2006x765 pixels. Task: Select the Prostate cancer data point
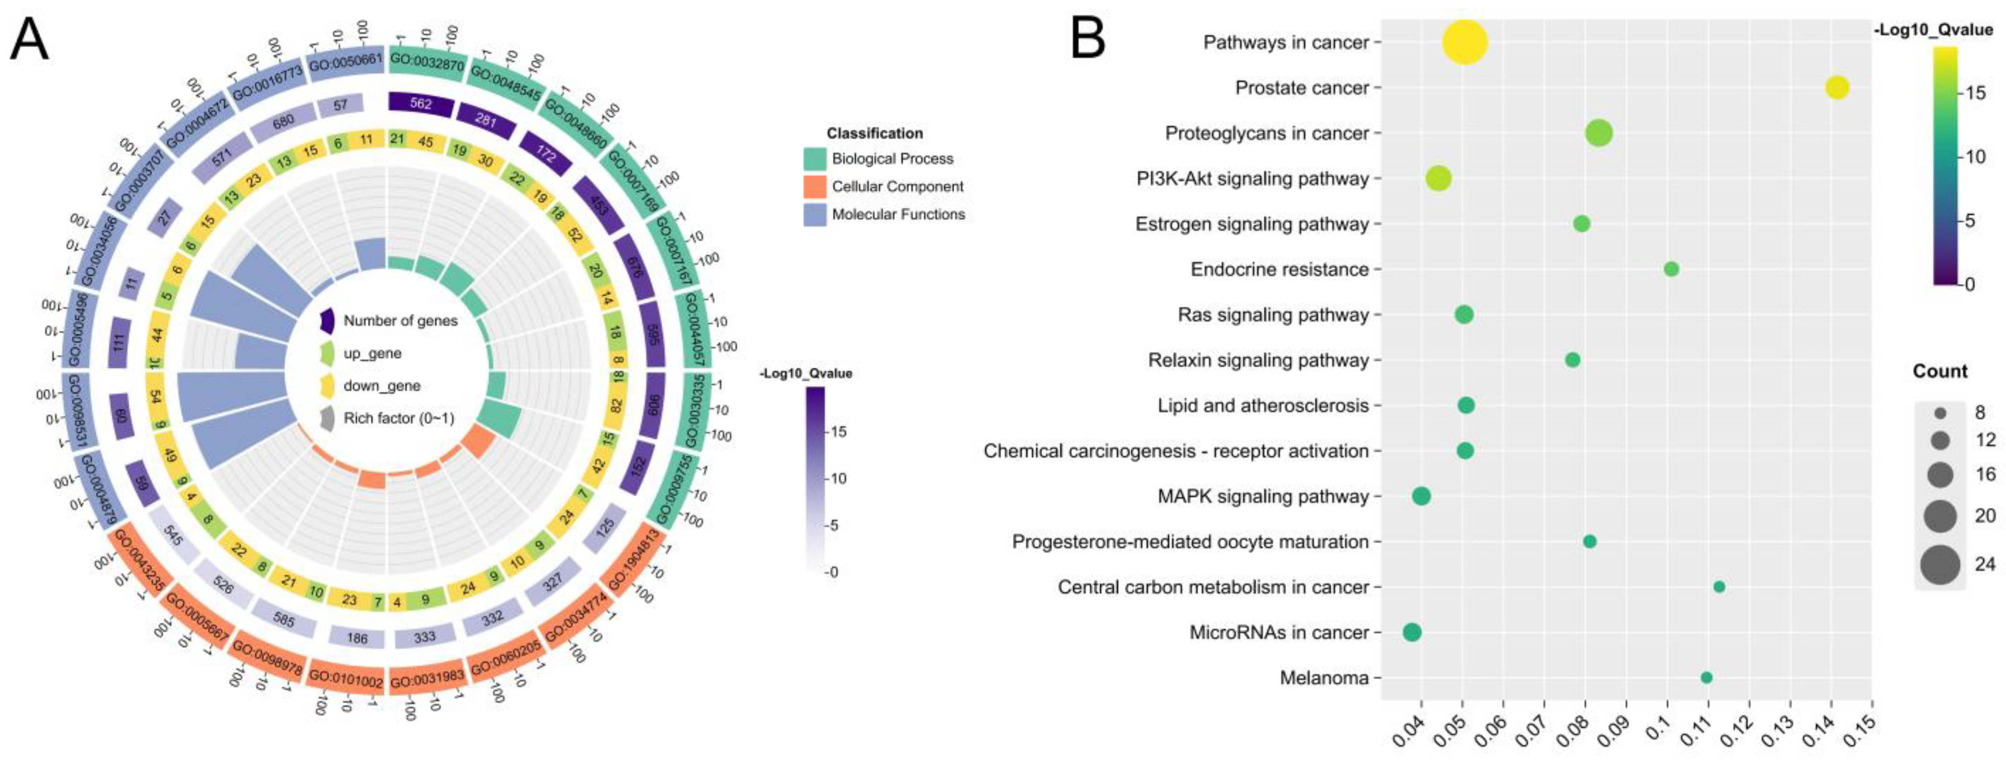click(1837, 88)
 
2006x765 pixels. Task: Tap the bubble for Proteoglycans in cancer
click(1599, 133)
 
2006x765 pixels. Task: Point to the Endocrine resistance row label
click(1279, 269)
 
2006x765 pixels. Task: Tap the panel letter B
click(1088, 39)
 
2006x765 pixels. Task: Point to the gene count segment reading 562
click(420, 103)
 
